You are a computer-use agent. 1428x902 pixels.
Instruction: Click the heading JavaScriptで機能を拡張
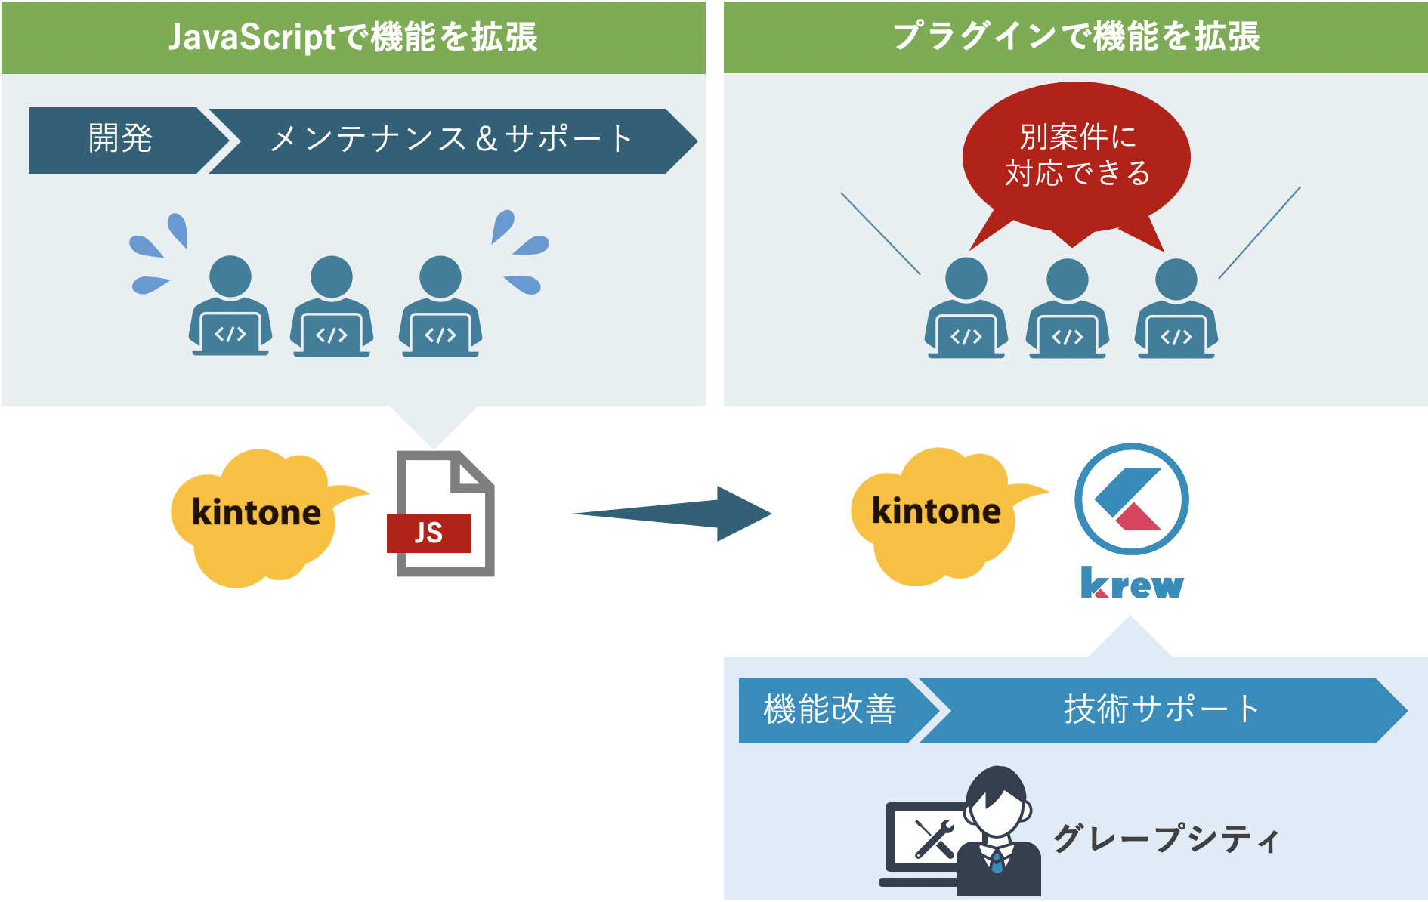click(x=353, y=37)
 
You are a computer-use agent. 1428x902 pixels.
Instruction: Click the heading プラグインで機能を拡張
click(x=1076, y=36)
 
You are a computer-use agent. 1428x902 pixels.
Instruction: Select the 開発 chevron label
click(x=120, y=140)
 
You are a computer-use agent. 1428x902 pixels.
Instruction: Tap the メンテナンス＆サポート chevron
click(x=452, y=141)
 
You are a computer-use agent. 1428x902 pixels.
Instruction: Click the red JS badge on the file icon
click(x=428, y=533)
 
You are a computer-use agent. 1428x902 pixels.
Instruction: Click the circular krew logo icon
click(x=1131, y=499)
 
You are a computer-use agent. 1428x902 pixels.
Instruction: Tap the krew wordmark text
click(x=1132, y=584)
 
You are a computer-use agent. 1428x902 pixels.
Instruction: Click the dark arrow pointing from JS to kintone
click(x=672, y=514)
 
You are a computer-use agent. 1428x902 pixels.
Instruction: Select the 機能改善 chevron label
click(x=830, y=710)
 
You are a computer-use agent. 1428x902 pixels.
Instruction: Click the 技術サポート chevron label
click(x=1161, y=710)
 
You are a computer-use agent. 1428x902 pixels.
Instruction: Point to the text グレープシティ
click(x=1166, y=839)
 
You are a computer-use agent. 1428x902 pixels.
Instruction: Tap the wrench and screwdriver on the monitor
click(x=934, y=839)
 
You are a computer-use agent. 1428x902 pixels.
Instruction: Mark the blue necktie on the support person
click(x=997, y=861)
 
